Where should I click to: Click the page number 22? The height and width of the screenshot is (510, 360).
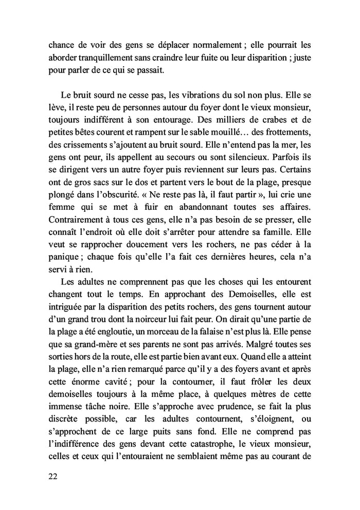click(x=52, y=476)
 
